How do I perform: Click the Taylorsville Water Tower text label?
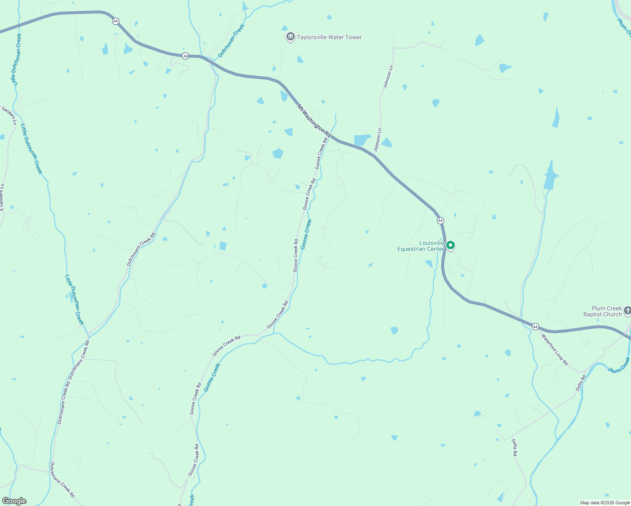point(329,38)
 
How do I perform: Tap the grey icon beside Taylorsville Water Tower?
point(290,37)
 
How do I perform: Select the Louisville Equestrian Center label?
point(421,246)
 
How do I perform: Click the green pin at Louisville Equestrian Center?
point(450,245)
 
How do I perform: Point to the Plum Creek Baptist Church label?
point(602,312)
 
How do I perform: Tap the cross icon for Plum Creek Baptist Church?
point(627,311)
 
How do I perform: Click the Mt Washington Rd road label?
point(314,120)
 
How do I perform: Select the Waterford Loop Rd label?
point(555,350)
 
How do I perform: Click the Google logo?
point(14,501)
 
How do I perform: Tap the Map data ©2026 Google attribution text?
point(605,503)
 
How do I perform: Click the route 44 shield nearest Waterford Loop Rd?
point(535,327)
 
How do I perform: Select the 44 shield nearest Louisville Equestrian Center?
point(440,221)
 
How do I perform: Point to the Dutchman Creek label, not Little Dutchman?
point(231,41)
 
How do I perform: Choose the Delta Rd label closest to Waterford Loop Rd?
point(581,383)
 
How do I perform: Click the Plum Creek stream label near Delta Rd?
point(619,365)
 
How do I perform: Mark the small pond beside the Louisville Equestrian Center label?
point(429,264)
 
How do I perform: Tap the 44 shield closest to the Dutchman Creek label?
point(185,56)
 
